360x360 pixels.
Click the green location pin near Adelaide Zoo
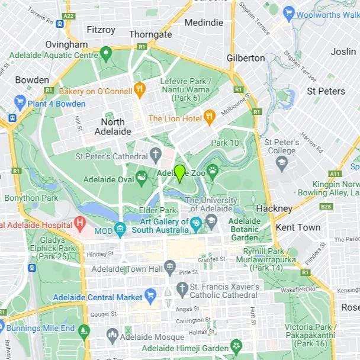click(x=179, y=173)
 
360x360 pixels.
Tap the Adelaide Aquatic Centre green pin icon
click(x=106, y=55)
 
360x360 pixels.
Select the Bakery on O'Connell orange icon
click(x=140, y=91)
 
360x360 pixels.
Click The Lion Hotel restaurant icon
click(x=208, y=117)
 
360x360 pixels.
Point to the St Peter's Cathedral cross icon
click(x=155, y=156)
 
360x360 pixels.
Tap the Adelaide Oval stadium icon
click(x=142, y=177)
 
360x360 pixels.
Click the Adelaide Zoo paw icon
click(x=212, y=172)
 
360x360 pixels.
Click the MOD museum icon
click(x=120, y=229)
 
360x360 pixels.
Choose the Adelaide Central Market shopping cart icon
click(x=150, y=296)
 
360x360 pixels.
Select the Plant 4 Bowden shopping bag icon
click(x=20, y=103)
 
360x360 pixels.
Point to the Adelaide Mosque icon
click(x=112, y=336)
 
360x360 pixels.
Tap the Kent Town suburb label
click(x=298, y=227)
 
